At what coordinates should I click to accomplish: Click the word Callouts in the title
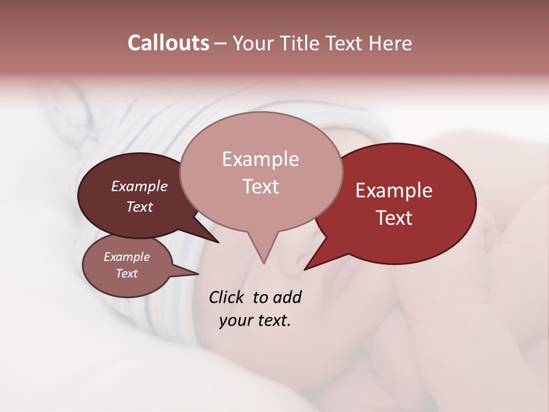tap(168, 43)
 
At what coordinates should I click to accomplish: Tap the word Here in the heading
tap(390, 43)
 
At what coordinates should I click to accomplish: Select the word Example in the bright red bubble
tap(394, 191)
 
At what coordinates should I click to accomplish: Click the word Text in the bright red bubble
tap(395, 218)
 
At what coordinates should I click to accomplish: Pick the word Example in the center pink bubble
tap(260, 159)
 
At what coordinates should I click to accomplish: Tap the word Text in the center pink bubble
tap(261, 187)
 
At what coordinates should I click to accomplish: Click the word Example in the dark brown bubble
tap(140, 186)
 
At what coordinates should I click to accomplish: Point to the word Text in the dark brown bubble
tap(140, 207)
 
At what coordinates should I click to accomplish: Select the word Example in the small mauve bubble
tap(127, 257)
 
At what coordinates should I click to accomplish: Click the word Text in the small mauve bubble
tap(127, 274)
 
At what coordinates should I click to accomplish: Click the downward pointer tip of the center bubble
tap(263, 263)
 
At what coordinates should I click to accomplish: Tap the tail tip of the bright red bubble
tap(305, 269)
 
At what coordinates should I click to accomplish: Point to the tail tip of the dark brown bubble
tap(218, 242)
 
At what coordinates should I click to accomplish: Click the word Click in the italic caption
tap(227, 297)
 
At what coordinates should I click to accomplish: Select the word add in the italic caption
tap(287, 297)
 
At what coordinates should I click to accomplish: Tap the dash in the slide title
tap(221, 43)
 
